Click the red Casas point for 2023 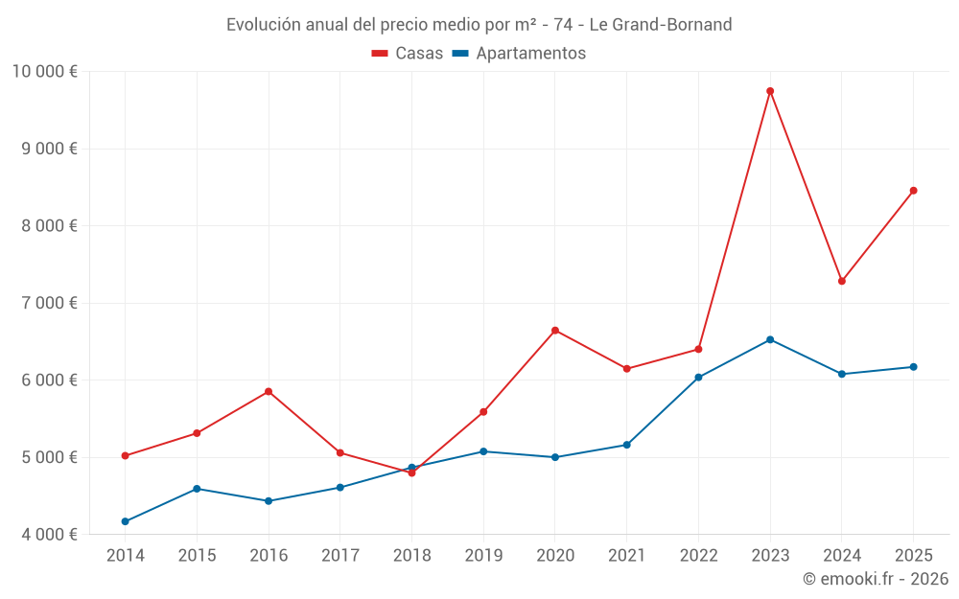[x=770, y=91]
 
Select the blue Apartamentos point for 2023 [x=770, y=339]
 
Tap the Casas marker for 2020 [x=555, y=331]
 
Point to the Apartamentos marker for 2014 [x=126, y=521]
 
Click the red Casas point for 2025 [x=913, y=191]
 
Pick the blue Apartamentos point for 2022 [x=698, y=378]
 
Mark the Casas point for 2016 [x=269, y=391]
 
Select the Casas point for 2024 [x=842, y=281]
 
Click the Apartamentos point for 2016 [x=269, y=501]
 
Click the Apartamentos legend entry [x=519, y=54]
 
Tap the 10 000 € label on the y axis [x=45, y=71]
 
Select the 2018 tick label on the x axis [x=411, y=555]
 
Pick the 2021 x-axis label [x=627, y=555]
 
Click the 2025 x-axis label [x=913, y=555]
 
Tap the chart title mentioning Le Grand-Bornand [x=479, y=24]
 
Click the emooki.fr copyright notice [x=875, y=579]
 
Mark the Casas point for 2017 [x=340, y=452]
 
